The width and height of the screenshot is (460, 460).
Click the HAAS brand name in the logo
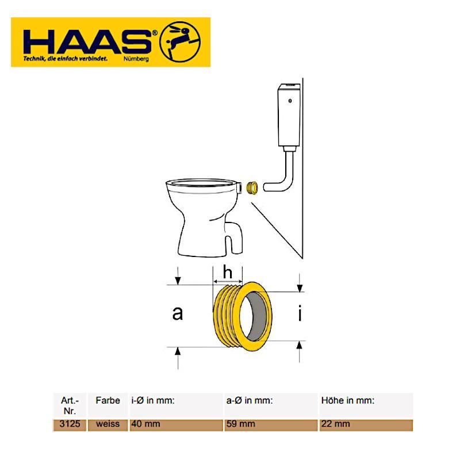point(88,41)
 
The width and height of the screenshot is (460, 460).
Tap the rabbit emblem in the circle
point(181,41)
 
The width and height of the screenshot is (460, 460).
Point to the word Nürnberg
point(136,59)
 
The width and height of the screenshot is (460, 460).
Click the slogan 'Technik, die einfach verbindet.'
point(66,59)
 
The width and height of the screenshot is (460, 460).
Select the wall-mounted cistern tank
point(289,116)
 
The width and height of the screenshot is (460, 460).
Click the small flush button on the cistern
point(290,101)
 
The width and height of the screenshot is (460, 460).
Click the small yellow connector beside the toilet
point(252,188)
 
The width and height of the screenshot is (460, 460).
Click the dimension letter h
point(228,271)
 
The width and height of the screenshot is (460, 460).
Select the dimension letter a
point(178,313)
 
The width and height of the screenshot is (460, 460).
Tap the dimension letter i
point(300,313)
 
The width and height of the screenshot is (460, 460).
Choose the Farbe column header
point(108,400)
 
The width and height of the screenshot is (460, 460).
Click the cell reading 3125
point(70,424)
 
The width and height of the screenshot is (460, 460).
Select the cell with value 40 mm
point(146,424)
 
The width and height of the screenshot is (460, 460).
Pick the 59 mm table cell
point(240,424)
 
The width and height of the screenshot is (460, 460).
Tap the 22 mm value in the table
point(336,424)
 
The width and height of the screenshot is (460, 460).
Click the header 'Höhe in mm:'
point(348,400)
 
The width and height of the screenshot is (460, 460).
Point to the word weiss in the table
point(108,424)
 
